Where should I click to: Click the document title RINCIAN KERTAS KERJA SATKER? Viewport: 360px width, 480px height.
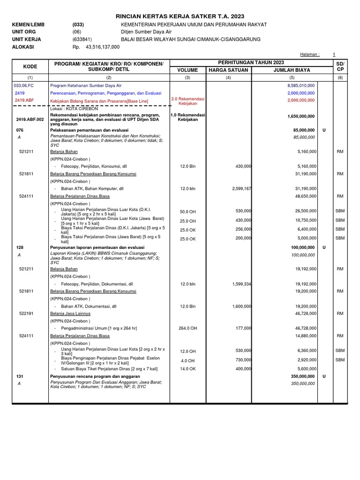point(180,16)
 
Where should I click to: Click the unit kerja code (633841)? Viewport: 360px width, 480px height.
point(82,39)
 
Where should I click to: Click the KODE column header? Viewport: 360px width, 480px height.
point(30,67)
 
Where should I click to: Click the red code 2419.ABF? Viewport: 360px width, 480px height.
point(24,100)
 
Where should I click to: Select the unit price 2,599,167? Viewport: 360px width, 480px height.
point(242,188)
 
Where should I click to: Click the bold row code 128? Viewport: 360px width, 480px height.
point(20,247)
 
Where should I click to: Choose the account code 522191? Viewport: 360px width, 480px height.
point(26,313)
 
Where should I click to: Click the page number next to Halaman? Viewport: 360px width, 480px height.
point(334,55)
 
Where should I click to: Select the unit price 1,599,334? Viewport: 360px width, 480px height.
point(242,284)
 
